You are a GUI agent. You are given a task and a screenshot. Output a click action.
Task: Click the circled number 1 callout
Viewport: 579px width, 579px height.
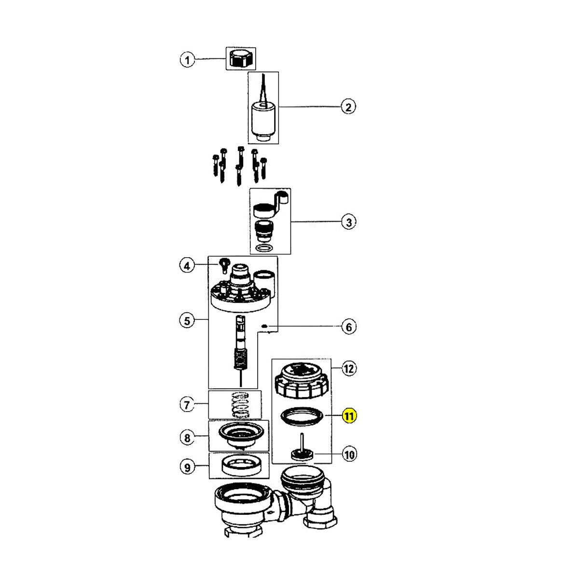187,60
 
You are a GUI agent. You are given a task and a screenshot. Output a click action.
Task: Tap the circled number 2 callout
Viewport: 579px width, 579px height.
348,107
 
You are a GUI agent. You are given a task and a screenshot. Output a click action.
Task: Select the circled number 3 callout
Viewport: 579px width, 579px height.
348,222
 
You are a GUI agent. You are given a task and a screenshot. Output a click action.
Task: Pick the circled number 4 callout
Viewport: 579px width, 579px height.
187,265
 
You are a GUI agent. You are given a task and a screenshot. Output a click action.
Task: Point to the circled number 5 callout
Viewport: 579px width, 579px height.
187,320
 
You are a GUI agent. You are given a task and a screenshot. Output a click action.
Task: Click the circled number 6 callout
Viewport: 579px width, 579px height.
348,327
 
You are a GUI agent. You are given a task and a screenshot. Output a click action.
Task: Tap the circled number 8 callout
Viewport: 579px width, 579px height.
187,438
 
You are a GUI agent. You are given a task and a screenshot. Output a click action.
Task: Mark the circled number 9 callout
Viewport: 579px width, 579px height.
187,467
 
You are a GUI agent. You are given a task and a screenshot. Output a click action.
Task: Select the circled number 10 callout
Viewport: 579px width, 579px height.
348,454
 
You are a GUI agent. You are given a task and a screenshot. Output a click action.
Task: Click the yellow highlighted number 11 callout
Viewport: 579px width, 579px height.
348,415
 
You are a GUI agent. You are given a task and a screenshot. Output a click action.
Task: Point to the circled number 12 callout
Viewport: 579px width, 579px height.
348,369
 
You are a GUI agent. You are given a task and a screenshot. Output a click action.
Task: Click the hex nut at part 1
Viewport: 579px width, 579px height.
240,58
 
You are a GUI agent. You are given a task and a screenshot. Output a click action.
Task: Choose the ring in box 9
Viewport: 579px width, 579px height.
239,466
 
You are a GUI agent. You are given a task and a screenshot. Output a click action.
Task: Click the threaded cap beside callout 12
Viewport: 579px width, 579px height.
302,380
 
